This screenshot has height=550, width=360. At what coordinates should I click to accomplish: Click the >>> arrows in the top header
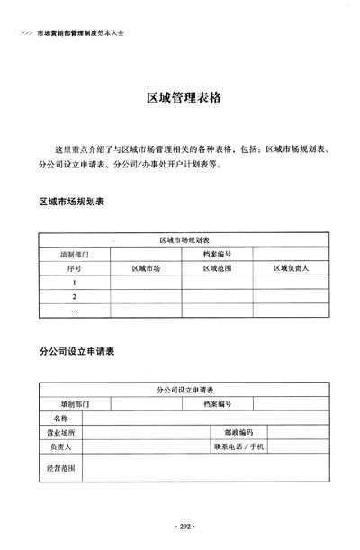tap(24, 33)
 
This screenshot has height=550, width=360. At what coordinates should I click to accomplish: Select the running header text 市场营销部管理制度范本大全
tap(81, 33)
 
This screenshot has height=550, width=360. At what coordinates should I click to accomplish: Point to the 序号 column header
tap(74, 268)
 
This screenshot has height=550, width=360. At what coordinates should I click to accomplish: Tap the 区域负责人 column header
tap(290, 268)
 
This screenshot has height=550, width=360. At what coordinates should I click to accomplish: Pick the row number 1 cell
tap(74, 283)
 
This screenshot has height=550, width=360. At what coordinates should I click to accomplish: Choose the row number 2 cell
tap(74, 297)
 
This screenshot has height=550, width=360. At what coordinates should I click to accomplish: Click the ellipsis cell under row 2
tap(74, 311)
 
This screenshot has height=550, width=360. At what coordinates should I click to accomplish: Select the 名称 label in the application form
tap(61, 418)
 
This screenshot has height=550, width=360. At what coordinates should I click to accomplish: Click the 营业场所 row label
tap(61, 432)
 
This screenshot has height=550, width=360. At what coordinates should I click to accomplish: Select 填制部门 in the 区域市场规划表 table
tap(74, 254)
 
